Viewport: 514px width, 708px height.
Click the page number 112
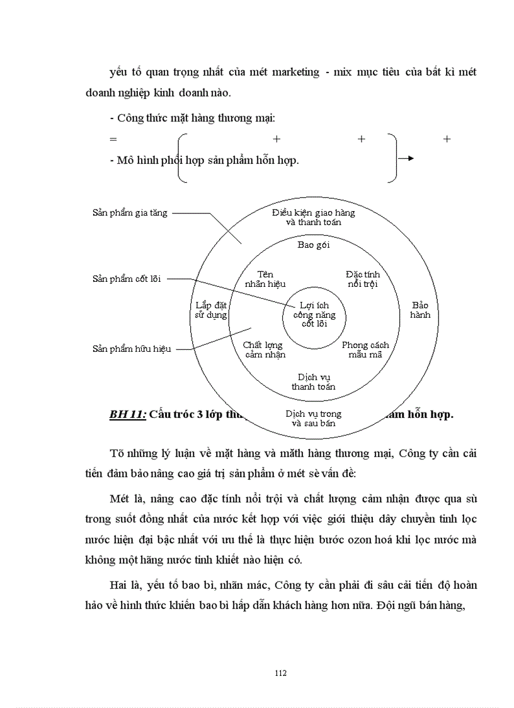coord(281,673)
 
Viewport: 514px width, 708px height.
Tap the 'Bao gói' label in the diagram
coord(313,245)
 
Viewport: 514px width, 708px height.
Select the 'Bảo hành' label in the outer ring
coord(420,310)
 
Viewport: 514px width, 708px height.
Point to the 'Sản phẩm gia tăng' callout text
coord(130,213)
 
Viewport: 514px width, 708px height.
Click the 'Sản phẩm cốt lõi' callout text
coord(127,279)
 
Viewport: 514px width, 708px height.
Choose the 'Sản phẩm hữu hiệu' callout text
coord(132,349)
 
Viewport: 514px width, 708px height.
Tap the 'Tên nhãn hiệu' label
coord(265,279)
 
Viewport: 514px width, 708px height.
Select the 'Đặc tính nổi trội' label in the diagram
coord(363,279)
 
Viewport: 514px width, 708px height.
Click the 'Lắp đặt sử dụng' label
coord(211,310)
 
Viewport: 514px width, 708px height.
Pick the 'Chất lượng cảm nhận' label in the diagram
coord(265,349)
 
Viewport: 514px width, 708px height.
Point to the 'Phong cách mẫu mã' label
coord(365,349)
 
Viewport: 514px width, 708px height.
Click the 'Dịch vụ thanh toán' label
coord(313,381)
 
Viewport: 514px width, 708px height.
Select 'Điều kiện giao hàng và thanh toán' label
coord(313,217)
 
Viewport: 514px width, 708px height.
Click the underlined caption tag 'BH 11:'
coord(128,414)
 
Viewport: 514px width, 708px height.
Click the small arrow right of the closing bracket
coord(407,158)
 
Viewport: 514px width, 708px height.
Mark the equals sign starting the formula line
coord(113,139)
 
